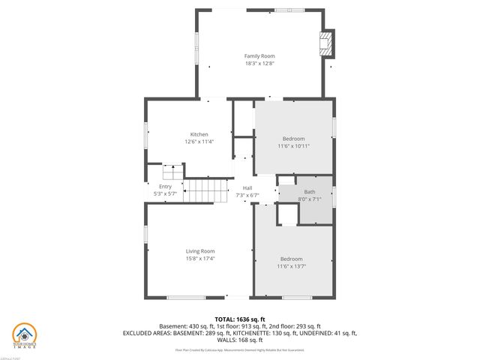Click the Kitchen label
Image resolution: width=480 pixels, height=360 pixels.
[198, 134]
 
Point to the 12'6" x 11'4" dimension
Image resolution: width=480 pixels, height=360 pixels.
[198, 142]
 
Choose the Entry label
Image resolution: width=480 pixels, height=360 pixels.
[165, 187]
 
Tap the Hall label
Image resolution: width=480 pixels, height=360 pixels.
[247, 187]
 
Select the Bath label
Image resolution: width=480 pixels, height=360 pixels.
[309, 192]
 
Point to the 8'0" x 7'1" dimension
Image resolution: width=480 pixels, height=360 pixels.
[309, 199]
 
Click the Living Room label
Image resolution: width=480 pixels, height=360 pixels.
[200, 251]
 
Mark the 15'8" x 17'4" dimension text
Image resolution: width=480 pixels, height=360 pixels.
[200, 259]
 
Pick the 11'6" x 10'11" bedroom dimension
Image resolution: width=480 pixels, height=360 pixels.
[293, 145]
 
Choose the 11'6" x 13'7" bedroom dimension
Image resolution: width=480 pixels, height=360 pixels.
[291, 265]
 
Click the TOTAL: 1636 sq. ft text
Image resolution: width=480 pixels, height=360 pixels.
[240, 319]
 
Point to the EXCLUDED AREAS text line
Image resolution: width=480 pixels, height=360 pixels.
[240, 333]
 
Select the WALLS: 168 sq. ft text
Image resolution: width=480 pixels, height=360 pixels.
[240, 340]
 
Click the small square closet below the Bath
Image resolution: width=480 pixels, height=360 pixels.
[287, 214]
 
